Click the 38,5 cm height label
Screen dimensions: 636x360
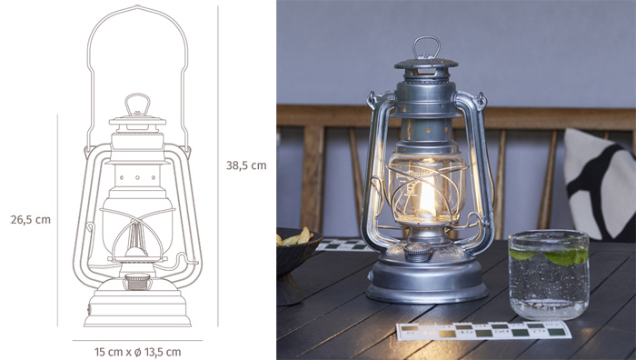[x=246, y=165]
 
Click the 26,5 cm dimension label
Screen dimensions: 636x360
[x=30, y=220]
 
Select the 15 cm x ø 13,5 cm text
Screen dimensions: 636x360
[x=137, y=352]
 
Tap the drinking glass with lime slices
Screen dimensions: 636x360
[x=549, y=275]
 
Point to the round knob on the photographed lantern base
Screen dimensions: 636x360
[x=419, y=251]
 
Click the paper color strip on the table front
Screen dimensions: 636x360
[x=483, y=330]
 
